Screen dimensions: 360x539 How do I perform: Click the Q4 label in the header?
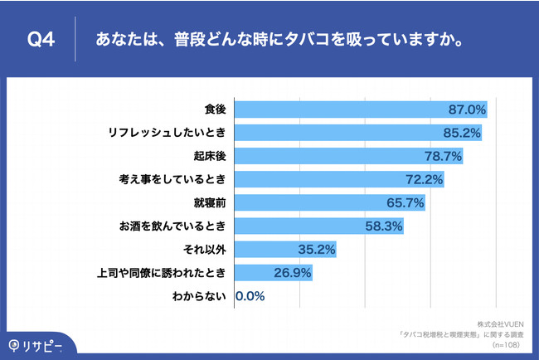tap(41, 38)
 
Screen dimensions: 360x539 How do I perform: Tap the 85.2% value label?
tap(461, 133)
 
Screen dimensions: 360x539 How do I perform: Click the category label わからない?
tap(200, 295)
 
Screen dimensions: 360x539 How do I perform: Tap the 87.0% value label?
tap(466, 109)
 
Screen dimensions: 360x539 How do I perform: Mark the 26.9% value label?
tap(292, 272)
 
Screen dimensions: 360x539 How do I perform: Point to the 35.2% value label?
tap(318, 249)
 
